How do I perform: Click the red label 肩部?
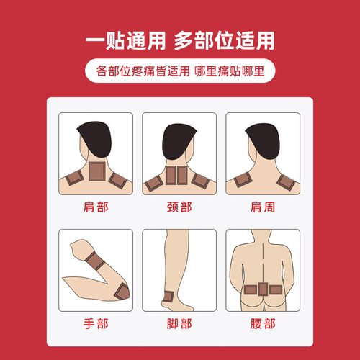(96, 209)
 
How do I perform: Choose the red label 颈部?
(180, 209)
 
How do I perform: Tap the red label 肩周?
(264, 209)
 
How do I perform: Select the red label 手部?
(96, 324)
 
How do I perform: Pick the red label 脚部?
(180, 324)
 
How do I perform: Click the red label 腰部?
(264, 324)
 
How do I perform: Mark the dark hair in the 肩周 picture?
(263, 137)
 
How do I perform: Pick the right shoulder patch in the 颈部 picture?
(203, 181)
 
